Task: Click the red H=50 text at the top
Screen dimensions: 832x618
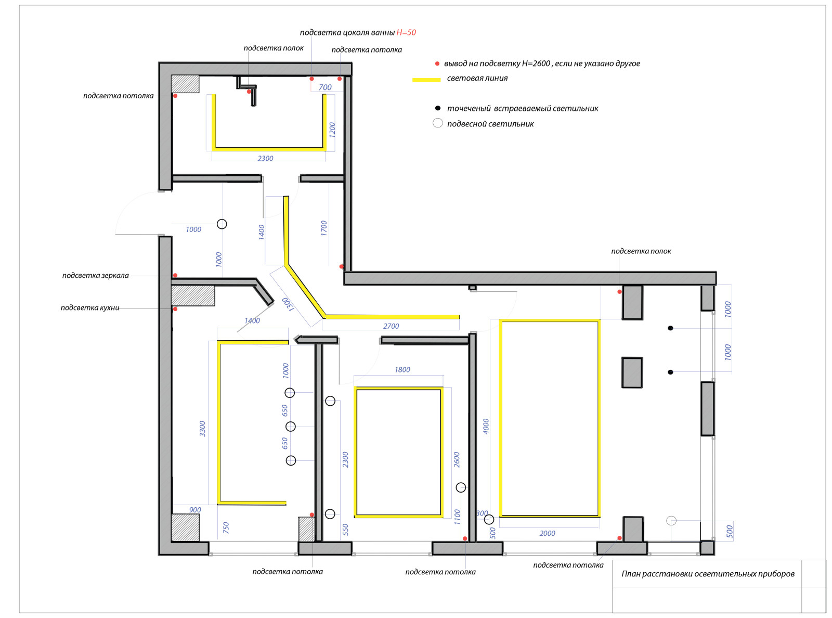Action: pyautogui.click(x=406, y=33)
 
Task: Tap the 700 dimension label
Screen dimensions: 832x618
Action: pyautogui.click(x=325, y=87)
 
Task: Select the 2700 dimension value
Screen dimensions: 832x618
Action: pyautogui.click(x=391, y=326)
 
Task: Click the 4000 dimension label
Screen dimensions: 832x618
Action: pyautogui.click(x=486, y=426)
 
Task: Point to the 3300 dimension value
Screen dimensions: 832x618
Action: pyautogui.click(x=202, y=429)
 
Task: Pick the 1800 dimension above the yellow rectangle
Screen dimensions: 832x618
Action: pyautogui.click(x=402, y=369)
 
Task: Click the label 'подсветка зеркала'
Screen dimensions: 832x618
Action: pyautogui.click(x=95, y=275)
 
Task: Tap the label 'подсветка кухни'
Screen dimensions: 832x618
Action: pyautogui.click(x=90, y=307)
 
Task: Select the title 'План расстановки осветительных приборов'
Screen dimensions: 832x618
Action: pyautogui.click(x=708, y=574)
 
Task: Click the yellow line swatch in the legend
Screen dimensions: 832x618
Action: pyautogui.click(x=426, y=80)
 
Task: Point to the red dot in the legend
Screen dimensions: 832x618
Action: pyautogui.click(x=437, y=64)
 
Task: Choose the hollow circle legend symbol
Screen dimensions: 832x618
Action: pyautogui.click(x=438, y=123)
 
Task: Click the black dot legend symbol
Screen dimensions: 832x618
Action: pyautogui.click(x=438, y=108)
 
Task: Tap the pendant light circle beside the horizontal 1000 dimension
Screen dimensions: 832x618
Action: pyautogui.click(x=222, y=224)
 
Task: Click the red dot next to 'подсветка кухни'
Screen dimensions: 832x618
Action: pyautogui.click(x=175, y=309)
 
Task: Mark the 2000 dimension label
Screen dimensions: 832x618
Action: pyautogui.click(x=547, y=533)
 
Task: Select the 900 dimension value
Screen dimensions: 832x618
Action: pyautogui.click(x=195, y=510)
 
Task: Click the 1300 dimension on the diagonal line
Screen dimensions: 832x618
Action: pyautogui.click(x=288, y=304)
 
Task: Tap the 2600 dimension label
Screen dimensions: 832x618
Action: pyautogui.click(x=457, y=460)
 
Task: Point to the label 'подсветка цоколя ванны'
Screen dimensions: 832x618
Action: pyautogui.click(x=347, y=33)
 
